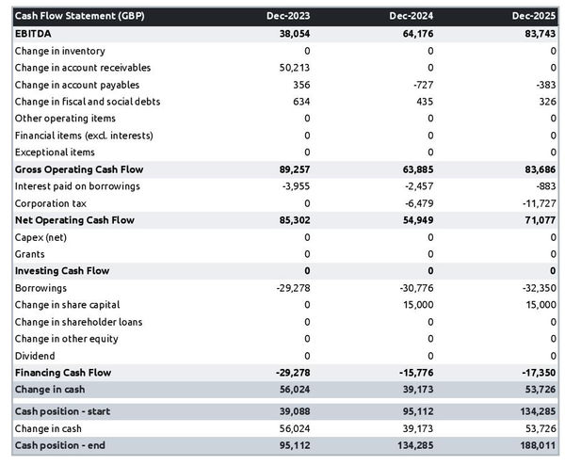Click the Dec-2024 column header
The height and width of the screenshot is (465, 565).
click(x=411, y=16)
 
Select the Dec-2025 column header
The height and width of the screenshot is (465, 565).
click(x=534, y=16)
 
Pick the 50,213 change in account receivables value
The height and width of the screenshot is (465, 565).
click(x=294, y=68)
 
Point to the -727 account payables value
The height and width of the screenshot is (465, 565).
click(x=420, y=85)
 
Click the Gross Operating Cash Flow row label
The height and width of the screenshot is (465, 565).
click(x=74, y=169)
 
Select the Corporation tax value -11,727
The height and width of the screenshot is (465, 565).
click(x=538, y=203)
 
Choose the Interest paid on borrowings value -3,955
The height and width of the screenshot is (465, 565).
click(x=296, y=186)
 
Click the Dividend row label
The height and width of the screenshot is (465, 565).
click(x=35, y=356)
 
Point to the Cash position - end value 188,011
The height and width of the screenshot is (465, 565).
click(x=535, y=445)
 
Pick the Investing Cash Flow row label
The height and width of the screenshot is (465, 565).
click(x=62, y=271)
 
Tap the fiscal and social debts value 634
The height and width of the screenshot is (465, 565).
click(x=300, y=102)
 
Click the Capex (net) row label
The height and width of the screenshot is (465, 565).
click(x=40, y=237)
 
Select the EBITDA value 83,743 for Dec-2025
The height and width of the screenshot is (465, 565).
click(x=538, y=33)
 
